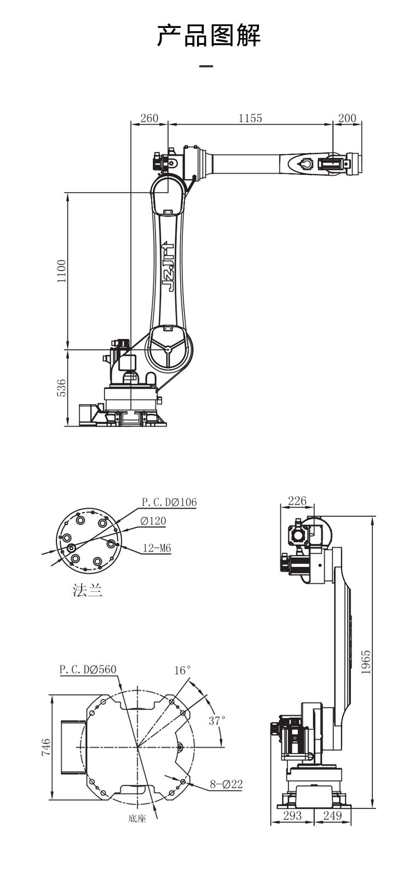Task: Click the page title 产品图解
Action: [x=209, y=35]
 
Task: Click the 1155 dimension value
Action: [x=250, y=118]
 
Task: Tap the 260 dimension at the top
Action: [x=149, y=118]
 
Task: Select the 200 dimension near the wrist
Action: [x=347, y=118]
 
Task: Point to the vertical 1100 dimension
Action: [x=62, y=271]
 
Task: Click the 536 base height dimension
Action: [x=62, y=388]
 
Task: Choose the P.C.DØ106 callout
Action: [x=169, y=502]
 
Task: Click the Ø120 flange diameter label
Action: [x=153, y=521]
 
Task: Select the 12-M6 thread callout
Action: [x=157, y=548]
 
